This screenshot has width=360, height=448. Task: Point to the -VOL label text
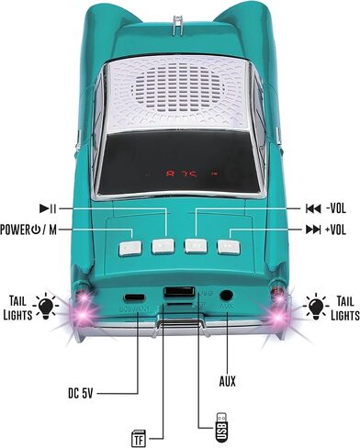(x=327, y=208)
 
